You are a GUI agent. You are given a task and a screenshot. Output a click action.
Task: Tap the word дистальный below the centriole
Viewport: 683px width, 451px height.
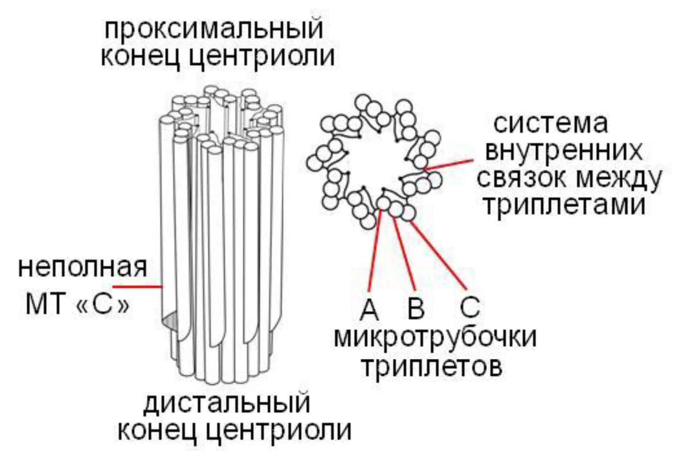227,403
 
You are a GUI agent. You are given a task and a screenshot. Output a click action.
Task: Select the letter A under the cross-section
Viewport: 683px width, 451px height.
369,309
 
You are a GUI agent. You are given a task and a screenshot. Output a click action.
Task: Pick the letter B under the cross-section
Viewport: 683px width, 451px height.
416,309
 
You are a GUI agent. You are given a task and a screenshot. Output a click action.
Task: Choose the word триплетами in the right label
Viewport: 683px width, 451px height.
563,205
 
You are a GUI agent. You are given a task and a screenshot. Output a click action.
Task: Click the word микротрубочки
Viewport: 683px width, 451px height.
435,337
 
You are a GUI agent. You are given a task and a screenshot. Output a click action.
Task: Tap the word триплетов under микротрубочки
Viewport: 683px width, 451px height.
431,367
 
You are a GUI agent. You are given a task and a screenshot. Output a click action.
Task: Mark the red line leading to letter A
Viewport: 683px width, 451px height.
375,251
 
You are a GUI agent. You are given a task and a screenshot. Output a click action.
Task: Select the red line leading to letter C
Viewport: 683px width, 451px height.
438,255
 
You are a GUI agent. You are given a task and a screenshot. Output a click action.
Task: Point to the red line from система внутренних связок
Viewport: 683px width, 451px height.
449,163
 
